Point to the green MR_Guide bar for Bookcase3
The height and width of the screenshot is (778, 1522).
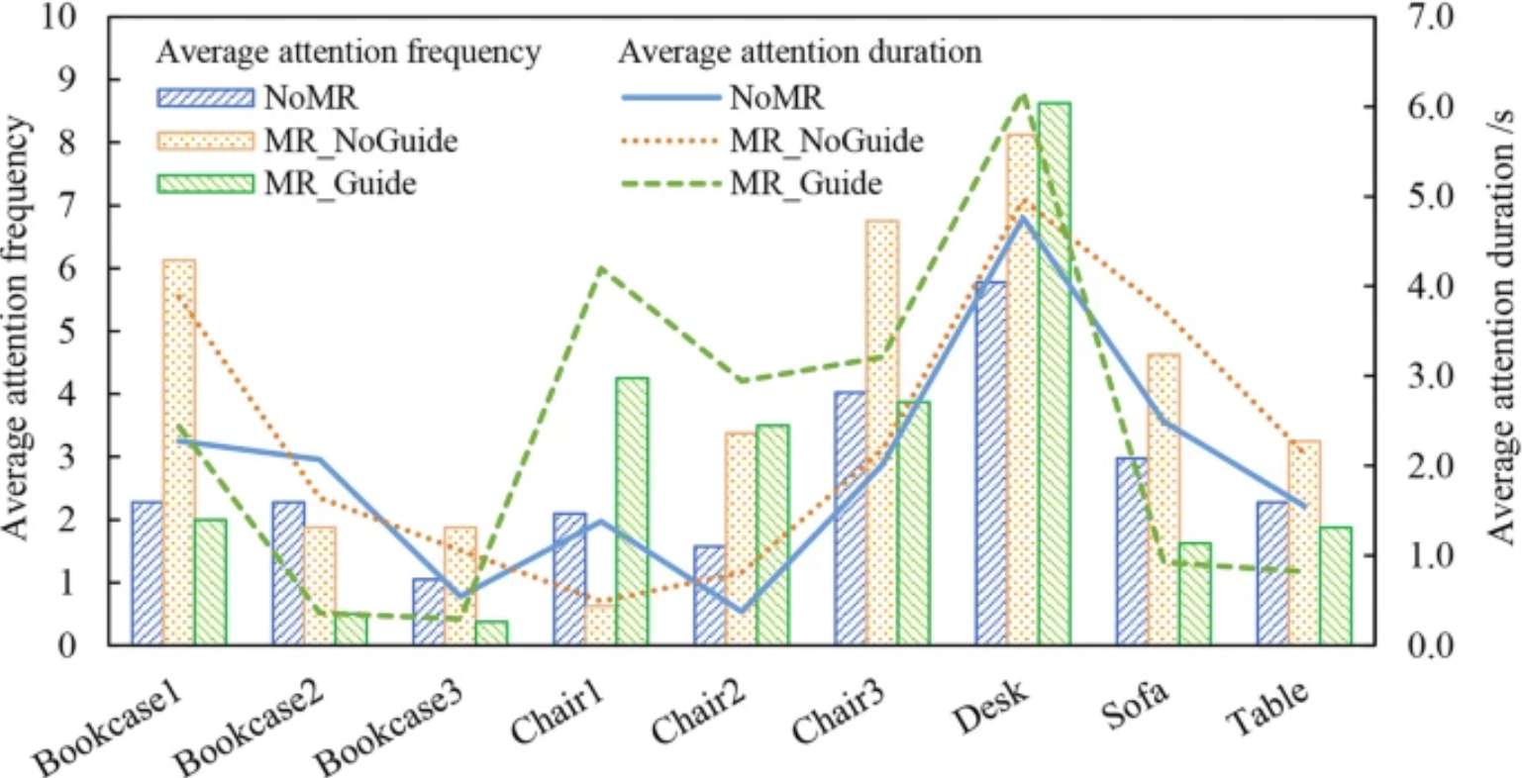pyautogui.click(x=491, y=632)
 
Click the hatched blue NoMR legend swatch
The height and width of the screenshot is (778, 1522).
pyautogui.click(x=205, y=97)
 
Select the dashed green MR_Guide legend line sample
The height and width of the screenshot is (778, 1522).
pyautogui.click(x=666, y=183)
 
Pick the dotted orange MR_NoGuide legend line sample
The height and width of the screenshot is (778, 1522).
pyautogui.click(x=666, y=141)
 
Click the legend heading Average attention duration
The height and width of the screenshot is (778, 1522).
pyautogui.click(x=800, y=51)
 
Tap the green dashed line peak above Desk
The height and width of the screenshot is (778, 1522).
pyautogui.click(x=1025, y=95)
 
